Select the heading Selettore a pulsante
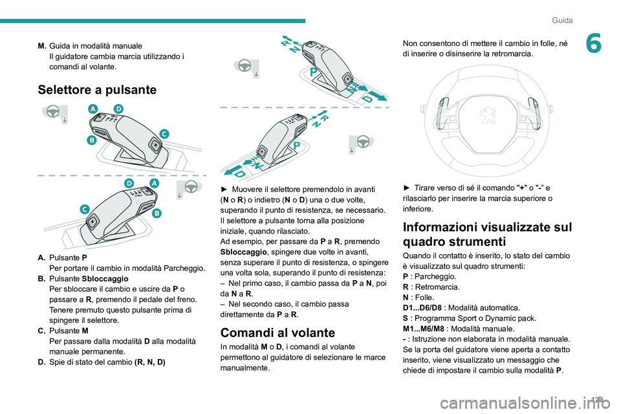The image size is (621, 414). point(97,90)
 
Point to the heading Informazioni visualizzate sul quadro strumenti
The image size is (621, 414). point(486,234)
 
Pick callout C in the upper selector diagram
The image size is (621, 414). point(164,133)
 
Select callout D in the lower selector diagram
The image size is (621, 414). point(129,184)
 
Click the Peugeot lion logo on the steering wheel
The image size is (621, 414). point(485,115)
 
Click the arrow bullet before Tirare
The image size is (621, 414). point(406,188)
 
